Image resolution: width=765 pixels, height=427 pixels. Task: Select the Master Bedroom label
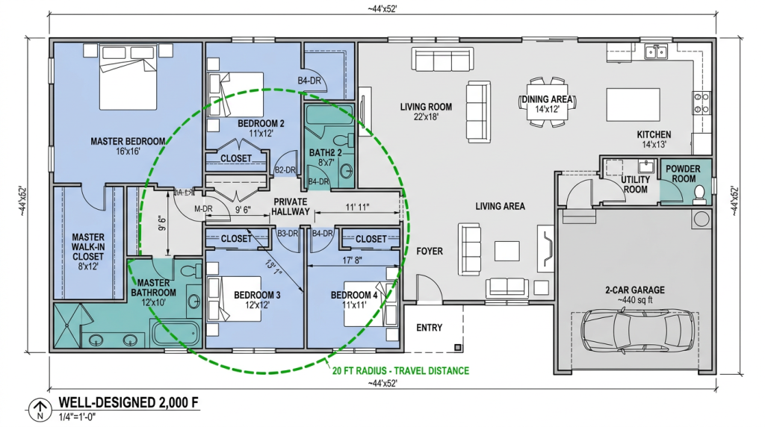pyautogui.click(x=128, y=146)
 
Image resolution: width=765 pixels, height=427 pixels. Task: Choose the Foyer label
pyautogui.click(x=430, y=252)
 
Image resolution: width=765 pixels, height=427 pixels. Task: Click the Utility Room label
pyautogui.click(x=634, y=184)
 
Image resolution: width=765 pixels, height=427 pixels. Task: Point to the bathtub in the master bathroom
pyautogui.click(x=175, y=333)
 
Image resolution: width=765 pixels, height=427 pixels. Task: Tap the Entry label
pyautogui.click(x=429, y=328)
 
